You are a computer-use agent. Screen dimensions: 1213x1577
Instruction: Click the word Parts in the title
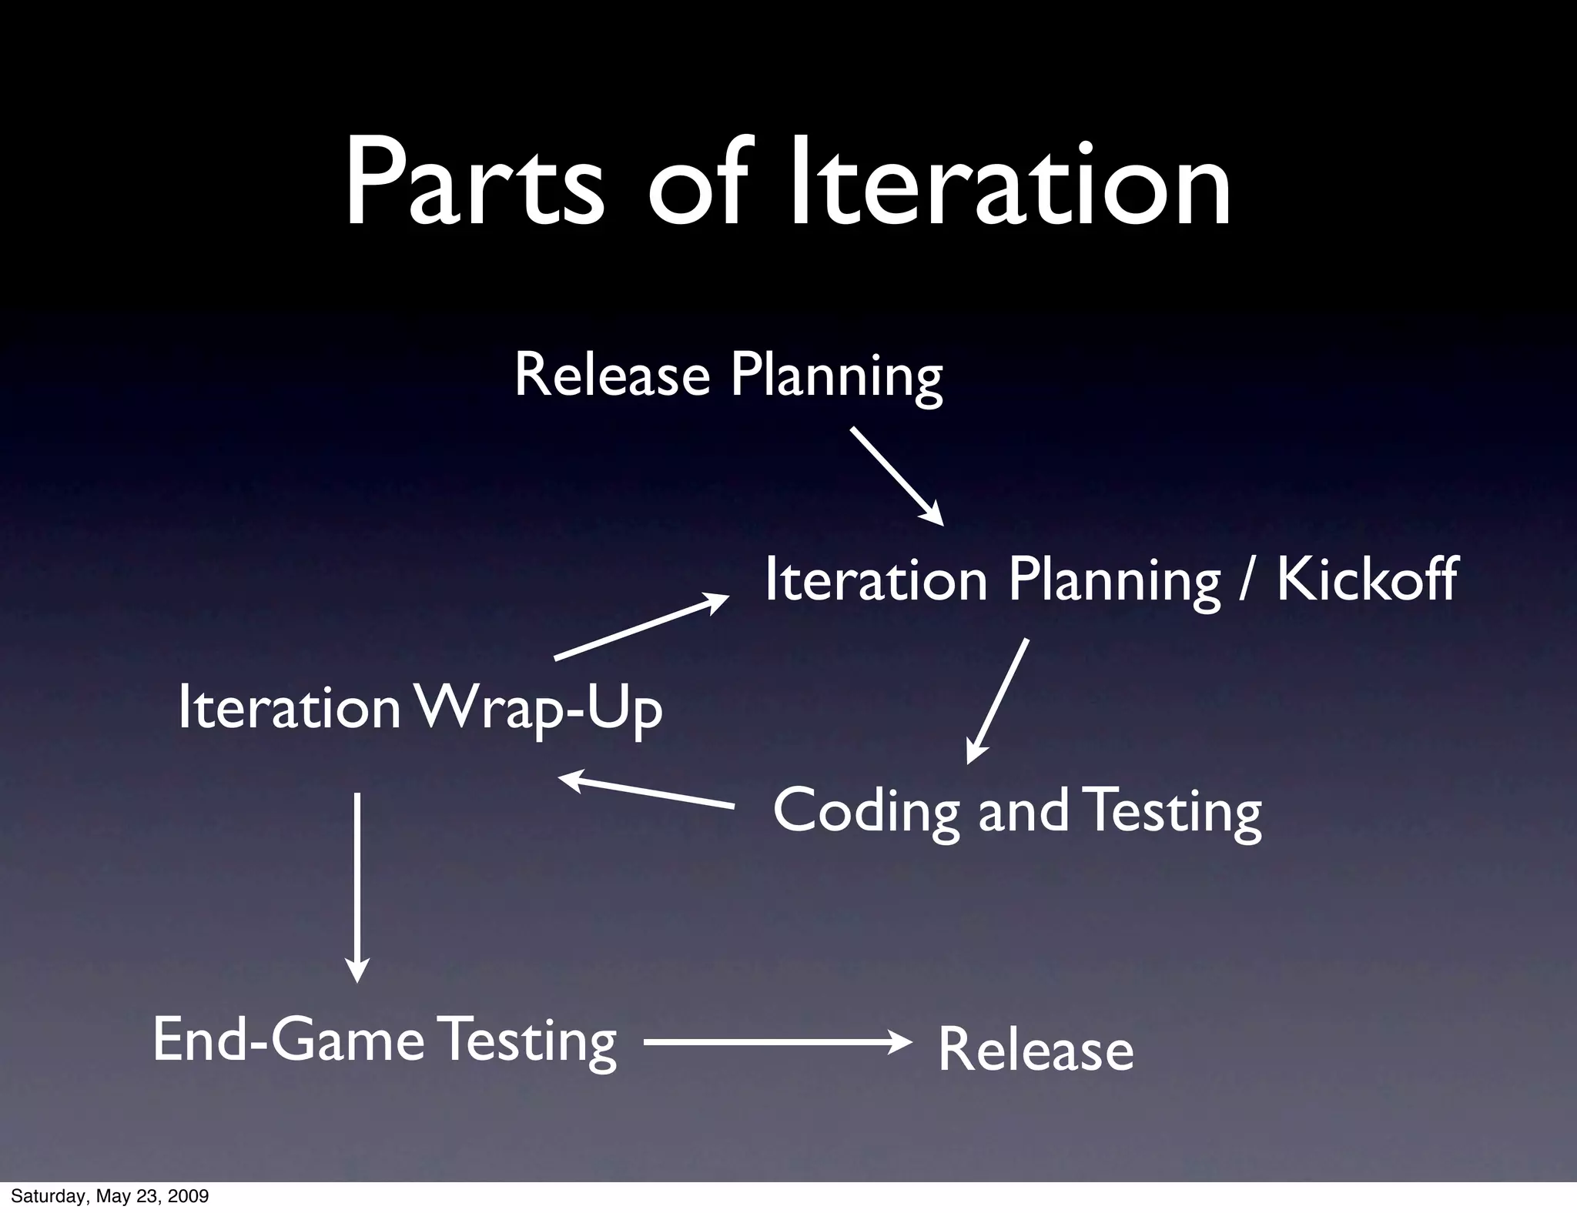pos(474,185)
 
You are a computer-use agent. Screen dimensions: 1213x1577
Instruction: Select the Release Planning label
pos(728,376)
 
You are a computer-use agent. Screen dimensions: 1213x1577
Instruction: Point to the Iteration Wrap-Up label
pos(420,708)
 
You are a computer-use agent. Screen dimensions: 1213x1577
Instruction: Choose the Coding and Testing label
pos(1016,810)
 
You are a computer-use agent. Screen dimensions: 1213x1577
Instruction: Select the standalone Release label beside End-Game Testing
pos(1035,1051)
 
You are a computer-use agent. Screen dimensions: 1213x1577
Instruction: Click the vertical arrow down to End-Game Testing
pos(357,885)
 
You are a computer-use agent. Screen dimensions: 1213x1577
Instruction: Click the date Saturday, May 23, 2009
pos(109,1197)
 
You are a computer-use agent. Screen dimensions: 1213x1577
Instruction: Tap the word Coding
pos(866,810)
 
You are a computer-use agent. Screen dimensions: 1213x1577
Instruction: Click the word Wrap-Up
pos(539,708)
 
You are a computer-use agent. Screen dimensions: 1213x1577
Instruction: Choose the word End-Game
pos(289,1040)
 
